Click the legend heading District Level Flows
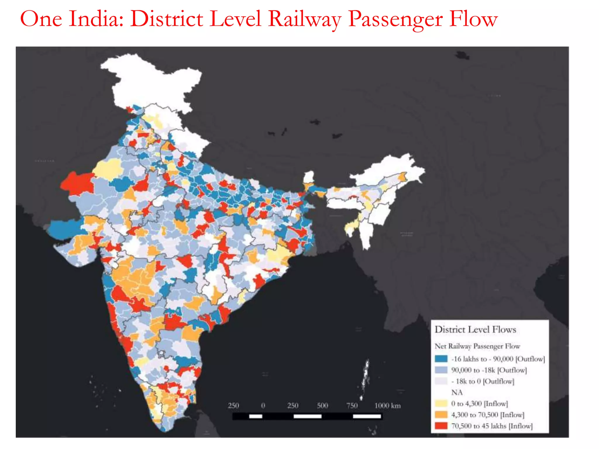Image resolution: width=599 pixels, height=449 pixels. coord(475,329)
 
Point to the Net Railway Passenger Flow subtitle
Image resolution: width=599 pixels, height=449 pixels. coord(477,346)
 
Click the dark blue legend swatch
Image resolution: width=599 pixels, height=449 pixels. coord(441,359)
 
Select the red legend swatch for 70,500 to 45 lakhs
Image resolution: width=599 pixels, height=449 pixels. coord(441,426)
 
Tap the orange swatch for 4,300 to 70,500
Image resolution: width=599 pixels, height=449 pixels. coord(441,415)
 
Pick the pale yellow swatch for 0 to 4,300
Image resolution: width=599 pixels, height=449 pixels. coord(441,403)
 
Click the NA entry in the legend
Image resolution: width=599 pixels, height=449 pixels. coord(457,392)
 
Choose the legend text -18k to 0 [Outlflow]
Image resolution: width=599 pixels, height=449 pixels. coord(483,381)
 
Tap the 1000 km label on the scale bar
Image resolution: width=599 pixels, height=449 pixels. coord(388,405)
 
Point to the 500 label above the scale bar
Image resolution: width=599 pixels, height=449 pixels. coord(322,405)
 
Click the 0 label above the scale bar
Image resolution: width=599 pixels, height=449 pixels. coord(263,405)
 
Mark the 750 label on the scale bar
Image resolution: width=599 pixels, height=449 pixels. coord(352,405)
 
